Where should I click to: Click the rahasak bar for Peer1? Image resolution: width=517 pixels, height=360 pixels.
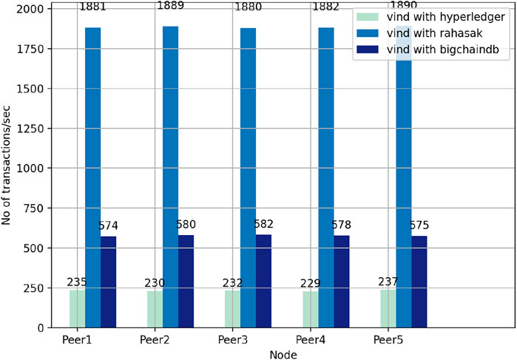tap(92, 177)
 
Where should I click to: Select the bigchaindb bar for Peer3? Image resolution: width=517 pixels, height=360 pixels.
tap(263, 281)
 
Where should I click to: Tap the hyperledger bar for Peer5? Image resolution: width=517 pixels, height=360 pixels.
tap(388, 308)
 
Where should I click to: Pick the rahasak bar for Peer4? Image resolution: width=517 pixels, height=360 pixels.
tap(325, 177)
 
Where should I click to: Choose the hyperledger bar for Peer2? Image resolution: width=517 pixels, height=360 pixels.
tap(155, 309)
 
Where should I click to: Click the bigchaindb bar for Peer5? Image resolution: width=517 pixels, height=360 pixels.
tap(419, 282)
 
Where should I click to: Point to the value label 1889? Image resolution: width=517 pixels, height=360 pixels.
tap(171, 7)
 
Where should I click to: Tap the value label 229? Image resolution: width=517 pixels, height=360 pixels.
tap(310, 282)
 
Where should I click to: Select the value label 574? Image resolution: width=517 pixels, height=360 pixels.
tap(108, 226)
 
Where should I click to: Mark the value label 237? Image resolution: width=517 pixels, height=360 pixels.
tap(388, 280)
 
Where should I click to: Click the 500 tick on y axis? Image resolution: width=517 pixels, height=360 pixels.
tap(35, 248)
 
